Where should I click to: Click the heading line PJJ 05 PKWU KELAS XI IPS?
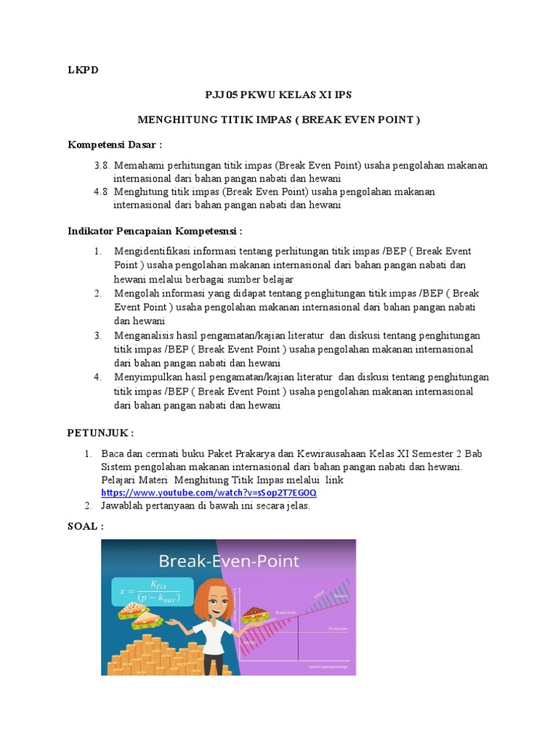pyautogui.click(x=279, y=95)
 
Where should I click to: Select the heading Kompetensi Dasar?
pyautogui.click(x=115, y=144)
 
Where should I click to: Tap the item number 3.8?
pyautogui.click(x=101, y=166)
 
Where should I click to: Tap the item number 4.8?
pyautogui.click(x=101, y=191)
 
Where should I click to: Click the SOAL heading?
pyautogui.click(x=85, y=526)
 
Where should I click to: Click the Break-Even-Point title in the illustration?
pyautogui.click(x=229, y=561)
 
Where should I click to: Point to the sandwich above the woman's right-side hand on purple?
pyautogui.click(x=256, y=615)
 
